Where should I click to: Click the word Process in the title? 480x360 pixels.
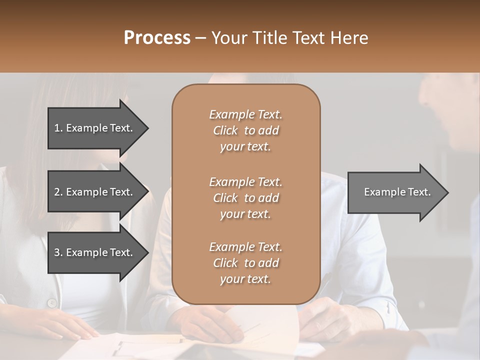(157, 38)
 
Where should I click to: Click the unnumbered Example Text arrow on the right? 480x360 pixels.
(397, 192)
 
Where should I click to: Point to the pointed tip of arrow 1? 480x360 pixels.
(147, 128)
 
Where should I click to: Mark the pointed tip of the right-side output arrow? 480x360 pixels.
(447, 192)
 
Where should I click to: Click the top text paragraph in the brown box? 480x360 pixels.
(245, 130)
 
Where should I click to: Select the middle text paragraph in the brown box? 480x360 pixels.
(245, 198)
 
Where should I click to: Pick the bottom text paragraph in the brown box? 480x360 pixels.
(245, 263)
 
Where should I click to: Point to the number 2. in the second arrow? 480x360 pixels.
(58, 192)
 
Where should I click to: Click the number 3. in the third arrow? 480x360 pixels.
(58, 252)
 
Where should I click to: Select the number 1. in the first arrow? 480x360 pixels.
(58, 128)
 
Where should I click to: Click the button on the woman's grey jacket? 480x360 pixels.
(51, 302)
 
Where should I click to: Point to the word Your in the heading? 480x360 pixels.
(228, 38)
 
